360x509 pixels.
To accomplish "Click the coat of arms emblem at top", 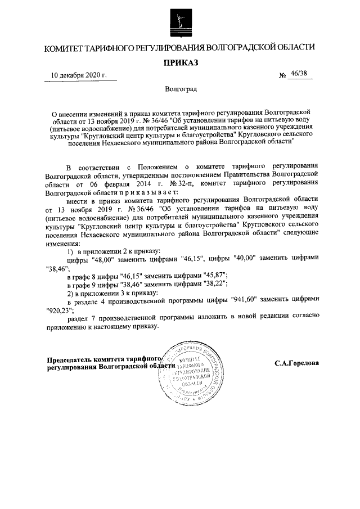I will pos(181,21).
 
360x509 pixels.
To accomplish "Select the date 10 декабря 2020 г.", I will pos(79,75).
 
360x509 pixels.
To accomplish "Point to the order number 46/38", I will pos(299,75).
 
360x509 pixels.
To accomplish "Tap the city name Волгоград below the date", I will pos(181,89).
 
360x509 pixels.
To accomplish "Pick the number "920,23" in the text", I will pos(58,308).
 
